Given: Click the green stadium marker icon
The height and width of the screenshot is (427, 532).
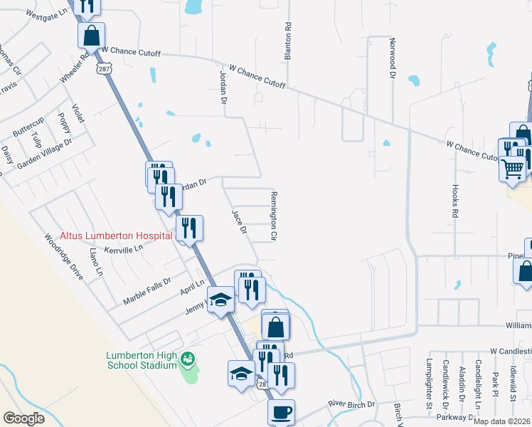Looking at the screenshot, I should [x=188, y=358].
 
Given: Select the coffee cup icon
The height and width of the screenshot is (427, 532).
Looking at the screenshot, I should [x=280, y=412].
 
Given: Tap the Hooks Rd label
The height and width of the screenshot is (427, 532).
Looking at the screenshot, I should [x=454, y=201].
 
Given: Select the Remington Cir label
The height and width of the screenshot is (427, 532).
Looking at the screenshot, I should [x=273, y=214].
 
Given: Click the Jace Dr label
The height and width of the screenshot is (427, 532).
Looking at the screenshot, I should [x=239, y=221].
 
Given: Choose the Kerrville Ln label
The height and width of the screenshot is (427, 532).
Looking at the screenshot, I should [x=124, y=248].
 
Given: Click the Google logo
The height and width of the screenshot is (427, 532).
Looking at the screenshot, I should [x=24, y=418].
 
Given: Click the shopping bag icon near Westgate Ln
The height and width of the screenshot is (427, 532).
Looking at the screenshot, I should [x=91, y=35].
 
